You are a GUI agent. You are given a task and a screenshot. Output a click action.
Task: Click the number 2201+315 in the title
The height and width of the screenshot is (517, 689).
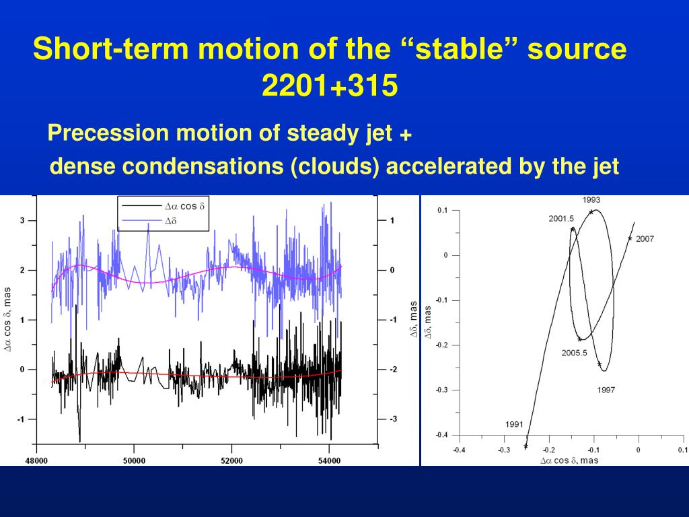330,85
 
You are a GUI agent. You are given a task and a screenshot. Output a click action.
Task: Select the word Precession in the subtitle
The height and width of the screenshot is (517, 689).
108,133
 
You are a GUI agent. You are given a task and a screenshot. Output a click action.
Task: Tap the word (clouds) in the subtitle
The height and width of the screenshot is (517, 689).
335,167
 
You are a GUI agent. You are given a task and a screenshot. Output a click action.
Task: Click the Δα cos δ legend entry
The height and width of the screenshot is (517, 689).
163,206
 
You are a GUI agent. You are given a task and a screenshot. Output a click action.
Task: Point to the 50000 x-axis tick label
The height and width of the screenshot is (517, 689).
134,460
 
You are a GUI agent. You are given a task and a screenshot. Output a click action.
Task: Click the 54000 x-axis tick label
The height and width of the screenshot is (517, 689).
329,460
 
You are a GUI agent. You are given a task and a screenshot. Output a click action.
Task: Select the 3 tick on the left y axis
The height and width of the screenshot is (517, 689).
22,220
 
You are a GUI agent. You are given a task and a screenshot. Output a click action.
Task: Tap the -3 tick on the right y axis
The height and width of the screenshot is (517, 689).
393,419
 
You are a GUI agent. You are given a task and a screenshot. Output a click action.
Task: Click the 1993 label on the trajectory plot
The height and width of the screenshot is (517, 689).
591,200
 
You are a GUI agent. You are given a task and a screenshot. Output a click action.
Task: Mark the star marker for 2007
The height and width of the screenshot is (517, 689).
630,239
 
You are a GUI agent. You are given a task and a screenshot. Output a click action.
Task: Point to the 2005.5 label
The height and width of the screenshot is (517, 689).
575,353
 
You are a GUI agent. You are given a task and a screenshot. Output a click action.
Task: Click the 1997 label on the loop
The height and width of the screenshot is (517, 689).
606,390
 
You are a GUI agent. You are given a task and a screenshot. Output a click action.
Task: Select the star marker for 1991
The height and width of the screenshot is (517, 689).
526,446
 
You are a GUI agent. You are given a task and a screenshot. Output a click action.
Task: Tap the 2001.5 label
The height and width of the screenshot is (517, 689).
561,219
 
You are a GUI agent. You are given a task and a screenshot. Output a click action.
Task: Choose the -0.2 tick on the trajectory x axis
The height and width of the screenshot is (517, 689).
549,450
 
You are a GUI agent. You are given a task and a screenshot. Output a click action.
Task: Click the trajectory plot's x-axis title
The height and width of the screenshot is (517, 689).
569,460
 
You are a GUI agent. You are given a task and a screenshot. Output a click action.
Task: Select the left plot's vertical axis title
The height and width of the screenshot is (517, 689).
8,319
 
